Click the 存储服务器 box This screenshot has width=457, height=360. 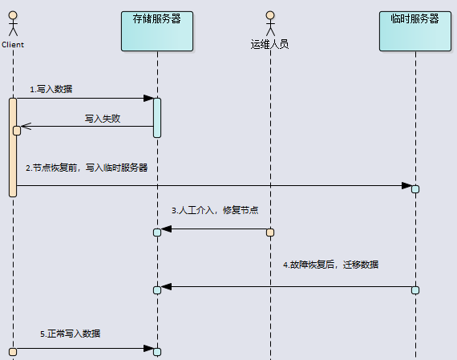click(157, 31)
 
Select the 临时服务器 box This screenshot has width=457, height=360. click(415, 31)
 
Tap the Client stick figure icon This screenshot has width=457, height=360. click(13, 23)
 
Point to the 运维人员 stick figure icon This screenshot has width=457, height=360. click(270, 23)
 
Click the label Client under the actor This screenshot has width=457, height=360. click(13, 45)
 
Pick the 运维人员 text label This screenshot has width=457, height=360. click(270, 44)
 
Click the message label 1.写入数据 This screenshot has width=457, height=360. click(51, 89)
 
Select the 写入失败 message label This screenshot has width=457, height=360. click(103, 119)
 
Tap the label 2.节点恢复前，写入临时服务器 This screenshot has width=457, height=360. click(87, 168)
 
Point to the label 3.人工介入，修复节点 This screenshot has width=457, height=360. click(215, 210)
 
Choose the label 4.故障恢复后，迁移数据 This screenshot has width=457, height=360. click(331, 265)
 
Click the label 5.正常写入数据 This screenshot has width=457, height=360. click(71, 334)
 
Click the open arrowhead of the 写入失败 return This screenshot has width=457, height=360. click(26, 126)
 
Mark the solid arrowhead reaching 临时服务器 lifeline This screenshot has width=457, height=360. click(406, 185)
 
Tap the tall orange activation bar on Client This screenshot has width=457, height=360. click(13, 148)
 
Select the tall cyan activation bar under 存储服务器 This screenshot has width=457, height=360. click(157, 118)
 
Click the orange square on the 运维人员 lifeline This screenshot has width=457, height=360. click(270, 233)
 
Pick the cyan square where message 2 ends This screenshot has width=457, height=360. click(415, 189)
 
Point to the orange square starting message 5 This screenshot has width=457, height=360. click(13, 352)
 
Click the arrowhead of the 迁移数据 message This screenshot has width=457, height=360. click(166, 286)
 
